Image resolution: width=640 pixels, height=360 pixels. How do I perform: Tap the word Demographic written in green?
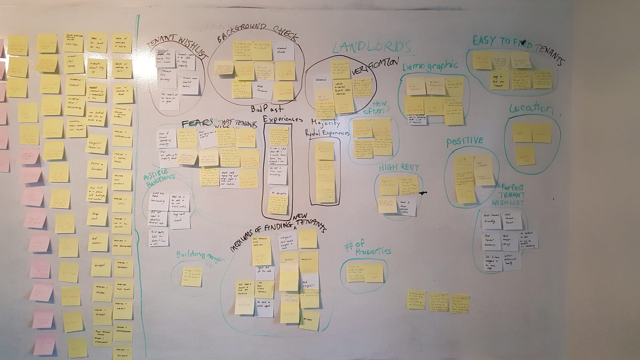point(430,66)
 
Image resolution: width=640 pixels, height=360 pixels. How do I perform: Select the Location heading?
point(531,109)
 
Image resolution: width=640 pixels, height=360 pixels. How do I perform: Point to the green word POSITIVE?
point(464,142)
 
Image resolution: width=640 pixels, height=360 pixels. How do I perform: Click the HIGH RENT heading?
point(399,168)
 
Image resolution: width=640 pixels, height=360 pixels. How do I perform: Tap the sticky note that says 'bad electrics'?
point(98,242)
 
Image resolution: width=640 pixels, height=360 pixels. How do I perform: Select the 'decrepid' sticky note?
point(100,267)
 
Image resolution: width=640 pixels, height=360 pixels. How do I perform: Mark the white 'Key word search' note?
point(181,219)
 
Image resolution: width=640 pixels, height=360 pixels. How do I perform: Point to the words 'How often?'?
point(375,107)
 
